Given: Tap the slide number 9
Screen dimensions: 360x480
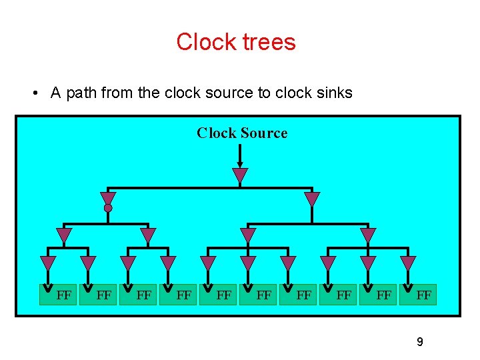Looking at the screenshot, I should coord(419,342).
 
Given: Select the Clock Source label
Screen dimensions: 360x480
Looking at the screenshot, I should coord(242,133).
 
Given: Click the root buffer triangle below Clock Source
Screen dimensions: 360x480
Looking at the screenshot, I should coord(240,175).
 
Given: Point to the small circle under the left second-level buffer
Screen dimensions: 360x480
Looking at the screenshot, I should coord(108,208).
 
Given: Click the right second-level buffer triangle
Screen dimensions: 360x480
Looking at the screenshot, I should coord(312,199).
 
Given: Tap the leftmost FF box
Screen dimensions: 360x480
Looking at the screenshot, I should coord(64,294).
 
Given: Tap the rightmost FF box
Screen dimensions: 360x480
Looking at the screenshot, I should coord(423,294).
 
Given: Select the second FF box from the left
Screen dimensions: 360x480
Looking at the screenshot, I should coord(103,294).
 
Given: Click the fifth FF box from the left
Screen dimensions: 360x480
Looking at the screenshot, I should coord(224,294).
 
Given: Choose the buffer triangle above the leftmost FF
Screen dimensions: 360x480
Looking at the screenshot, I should coord(48,263).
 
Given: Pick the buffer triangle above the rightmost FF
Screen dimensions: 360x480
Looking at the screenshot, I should coord(408,263).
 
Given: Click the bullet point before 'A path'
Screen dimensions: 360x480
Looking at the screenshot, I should coord(35,93).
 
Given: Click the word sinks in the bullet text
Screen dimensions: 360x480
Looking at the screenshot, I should coord(335,93).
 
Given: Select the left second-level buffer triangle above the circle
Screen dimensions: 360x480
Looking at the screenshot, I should coord(108,198).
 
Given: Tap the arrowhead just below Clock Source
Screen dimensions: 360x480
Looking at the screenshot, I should coord(240,164).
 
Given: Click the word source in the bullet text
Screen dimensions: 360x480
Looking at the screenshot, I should coord(231,93).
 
